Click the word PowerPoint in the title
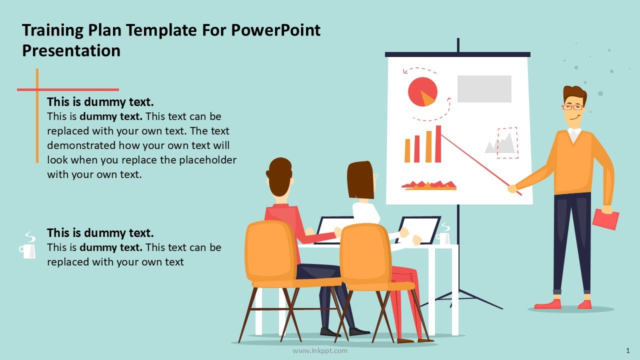tap(275, 30)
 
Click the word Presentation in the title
tap(71, 51)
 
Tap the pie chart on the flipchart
tap(422, 91)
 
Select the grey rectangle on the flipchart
tap(484, 89)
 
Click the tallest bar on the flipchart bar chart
tap(438, 144)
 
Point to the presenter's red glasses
tap(572, 107)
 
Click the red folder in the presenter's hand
tap(605, 219)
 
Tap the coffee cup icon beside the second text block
tap(27, 245)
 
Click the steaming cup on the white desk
tap(443, 234)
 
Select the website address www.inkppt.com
tap(319, 350)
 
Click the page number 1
tap(627, 350)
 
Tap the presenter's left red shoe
tap(547, 304)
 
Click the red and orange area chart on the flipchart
tap(429, 185)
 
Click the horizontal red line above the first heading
tap(68, 89)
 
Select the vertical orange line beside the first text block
tap(37, 115)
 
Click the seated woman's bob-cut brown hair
tap(360, 179)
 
